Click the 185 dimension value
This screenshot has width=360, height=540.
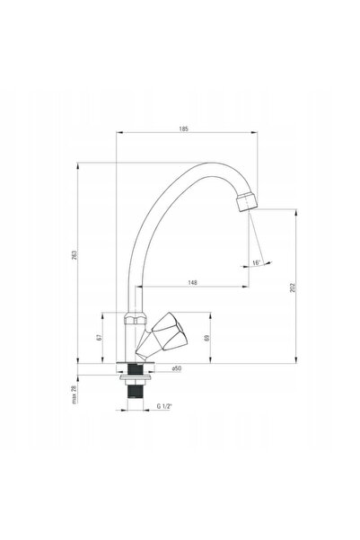pyautogui.click(x=184, y=128)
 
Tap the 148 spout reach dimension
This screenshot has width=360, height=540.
pyautogui.click(x=193, y=282)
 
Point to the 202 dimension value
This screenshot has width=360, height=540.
pyautogui.click(x=293, y=288)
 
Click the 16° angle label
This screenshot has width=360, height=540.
pyautogui.click(x=257, y=262)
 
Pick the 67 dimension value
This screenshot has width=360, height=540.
pyautogui.click(x=99, y=337)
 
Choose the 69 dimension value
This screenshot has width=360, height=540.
pyautogui.click(x=206, y=338)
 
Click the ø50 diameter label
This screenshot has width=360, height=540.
pyautogui.click(x=176, y=368)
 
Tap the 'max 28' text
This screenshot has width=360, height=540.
pyautogui.click(x=74, y=394)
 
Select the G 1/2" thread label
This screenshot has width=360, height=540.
pyautogui.click(x=164, y=406)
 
